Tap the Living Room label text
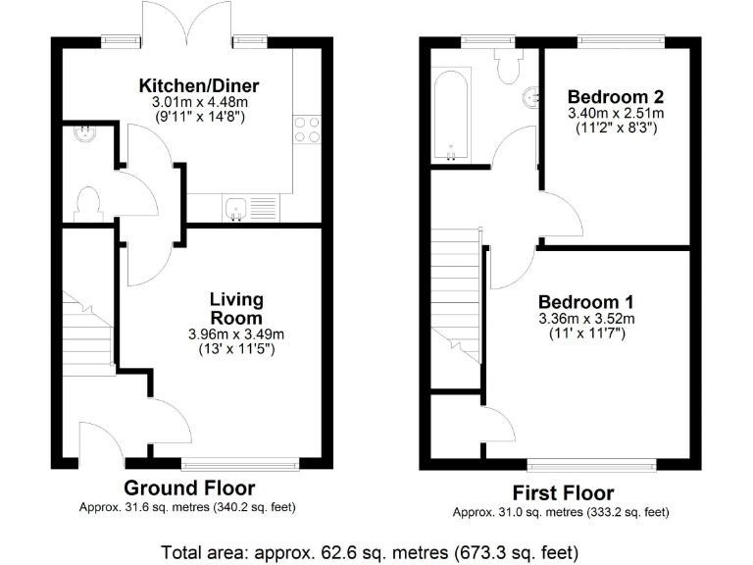click(236, 308)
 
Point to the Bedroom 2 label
click(616, 97)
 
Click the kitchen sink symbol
click(235, 207)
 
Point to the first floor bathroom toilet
click(509, 66)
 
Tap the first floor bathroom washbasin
click(530, 97)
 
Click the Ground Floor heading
click(189, 488)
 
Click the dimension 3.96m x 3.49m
click(236, 334)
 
